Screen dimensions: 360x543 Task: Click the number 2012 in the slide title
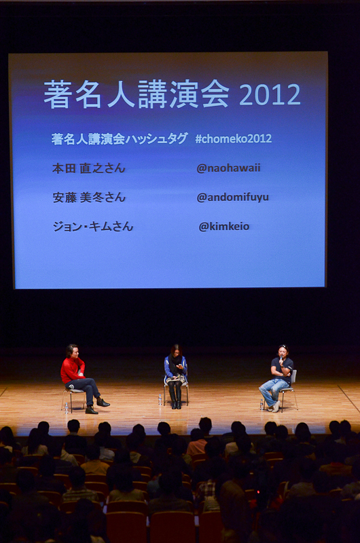pos(270,94)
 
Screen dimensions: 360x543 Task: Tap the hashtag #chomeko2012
pos(233,138)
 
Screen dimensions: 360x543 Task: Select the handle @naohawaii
pos(228,168)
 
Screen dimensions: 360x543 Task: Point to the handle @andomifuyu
pos(232,198)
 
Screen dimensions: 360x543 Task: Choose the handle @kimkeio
pos(224,227)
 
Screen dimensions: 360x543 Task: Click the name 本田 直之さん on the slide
pos(89,168)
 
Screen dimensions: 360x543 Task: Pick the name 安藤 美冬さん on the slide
pos(89,198)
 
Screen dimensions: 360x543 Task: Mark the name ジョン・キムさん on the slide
pos(93,227)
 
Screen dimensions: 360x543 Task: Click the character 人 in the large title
pos(121,94)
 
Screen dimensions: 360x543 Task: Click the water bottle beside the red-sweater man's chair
pos(66,408)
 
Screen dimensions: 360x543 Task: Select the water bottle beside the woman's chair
pos(160,400)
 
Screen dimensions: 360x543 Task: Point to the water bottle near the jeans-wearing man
pos(262,405)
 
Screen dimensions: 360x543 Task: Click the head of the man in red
pos(73,350)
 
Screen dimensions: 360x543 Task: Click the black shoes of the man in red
pos(97,407)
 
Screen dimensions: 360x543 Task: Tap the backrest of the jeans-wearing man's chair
pos(294,377)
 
